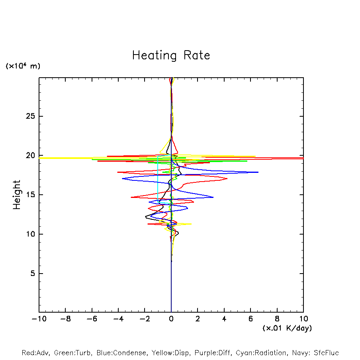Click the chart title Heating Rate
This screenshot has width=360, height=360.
(x=171, y=55)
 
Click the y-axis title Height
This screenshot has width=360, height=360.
(x=17, y=195)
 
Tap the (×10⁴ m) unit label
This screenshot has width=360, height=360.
(x=23, y=66)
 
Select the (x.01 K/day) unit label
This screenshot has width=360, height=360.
(x=287, y=328)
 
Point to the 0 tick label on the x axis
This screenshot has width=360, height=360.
(x=171, y=319)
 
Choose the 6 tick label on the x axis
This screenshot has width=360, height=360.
(x=250, y=319)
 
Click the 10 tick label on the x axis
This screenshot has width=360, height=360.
(x=303, y=319)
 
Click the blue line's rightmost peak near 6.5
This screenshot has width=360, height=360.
(x=258, y=172)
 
